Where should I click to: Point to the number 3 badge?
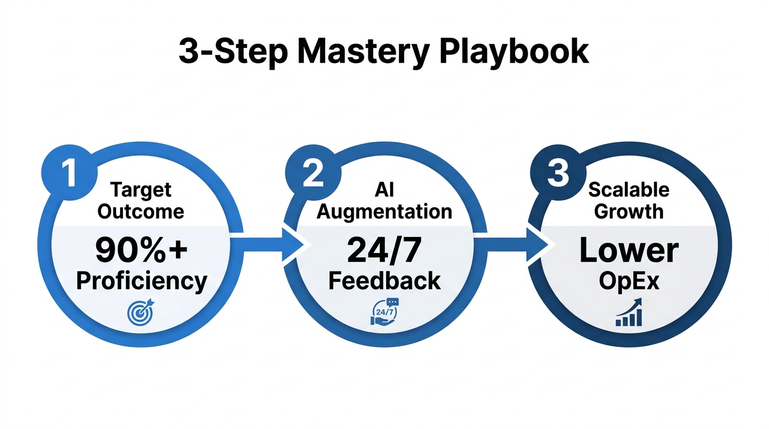[x=557, y=174]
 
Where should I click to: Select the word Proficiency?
[x=141, y=281]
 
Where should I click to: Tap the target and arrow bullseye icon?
[x=139, y=313]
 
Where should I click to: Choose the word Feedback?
[x=384, y=281]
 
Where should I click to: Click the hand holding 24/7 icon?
[x=383, y=312]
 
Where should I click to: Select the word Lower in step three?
[x=629, y=251]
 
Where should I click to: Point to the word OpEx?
[x=629, y=281]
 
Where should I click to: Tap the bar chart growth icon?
[x=629, y=313]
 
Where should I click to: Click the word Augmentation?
[x=384, y=211]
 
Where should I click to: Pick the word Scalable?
[x=629, y=189]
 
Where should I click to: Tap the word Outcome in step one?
[x=141, y=211]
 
